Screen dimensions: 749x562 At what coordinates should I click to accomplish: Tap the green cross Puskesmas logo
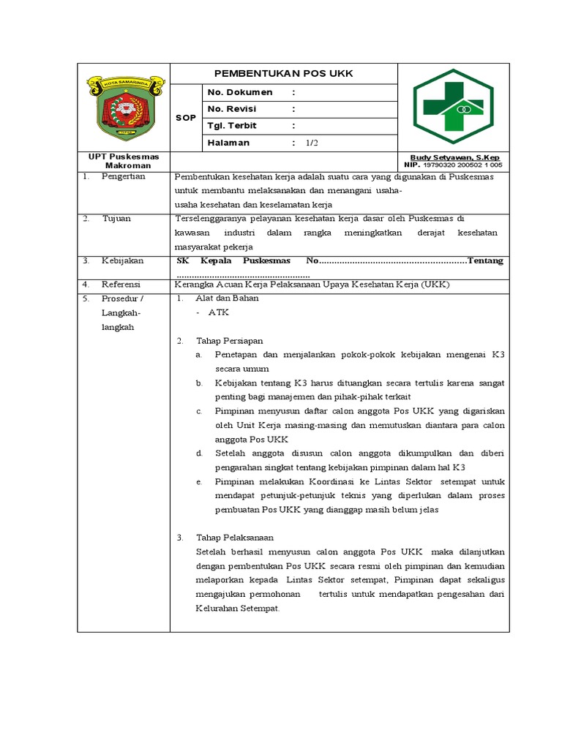pyautogui.click(x=453, y=108)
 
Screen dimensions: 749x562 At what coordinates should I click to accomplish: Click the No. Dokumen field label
pyautogui.click(x=240, y=92)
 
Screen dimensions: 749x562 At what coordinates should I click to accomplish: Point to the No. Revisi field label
pyautogui.click(x=235, y=109)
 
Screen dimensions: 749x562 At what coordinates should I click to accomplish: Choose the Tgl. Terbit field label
pyautogui.click(x=234, y=125)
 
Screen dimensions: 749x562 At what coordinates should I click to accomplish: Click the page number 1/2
pyautogui.click(x=312, y=143)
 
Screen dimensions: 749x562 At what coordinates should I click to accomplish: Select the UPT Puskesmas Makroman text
pyautogui.click(x=118, y=161)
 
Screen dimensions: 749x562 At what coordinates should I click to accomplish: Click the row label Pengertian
pyautogui.click(x=124, y=176)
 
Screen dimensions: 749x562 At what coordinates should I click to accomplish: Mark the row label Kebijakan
pyautogui.click(x=122, y=260)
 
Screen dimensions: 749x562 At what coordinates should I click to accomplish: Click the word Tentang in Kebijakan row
pyautogui.click(x=485, y=260)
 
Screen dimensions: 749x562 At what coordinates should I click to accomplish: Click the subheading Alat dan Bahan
pyautogui.click(x=227, y=298)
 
